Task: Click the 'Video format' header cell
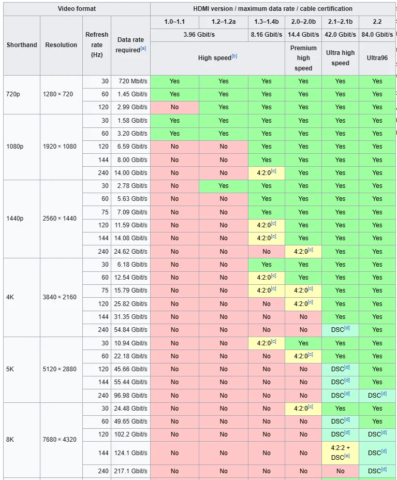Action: tap(76, 9)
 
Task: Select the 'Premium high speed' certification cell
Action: tap(303, 58)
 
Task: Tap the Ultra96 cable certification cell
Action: tap(377, 58)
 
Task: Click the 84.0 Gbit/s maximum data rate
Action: tap(377, 35)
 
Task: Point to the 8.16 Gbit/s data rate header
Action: tap(266, 35)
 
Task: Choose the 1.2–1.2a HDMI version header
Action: tap(223, 22)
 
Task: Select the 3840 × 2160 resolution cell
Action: tap(61, 297)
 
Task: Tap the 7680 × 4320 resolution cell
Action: tap(61, 440)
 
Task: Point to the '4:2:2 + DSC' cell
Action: tap(340, 453)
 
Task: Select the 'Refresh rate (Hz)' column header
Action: tap(97, 45)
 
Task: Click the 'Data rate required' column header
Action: tap(130, 45)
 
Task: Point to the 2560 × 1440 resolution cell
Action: tap(61, 219)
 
